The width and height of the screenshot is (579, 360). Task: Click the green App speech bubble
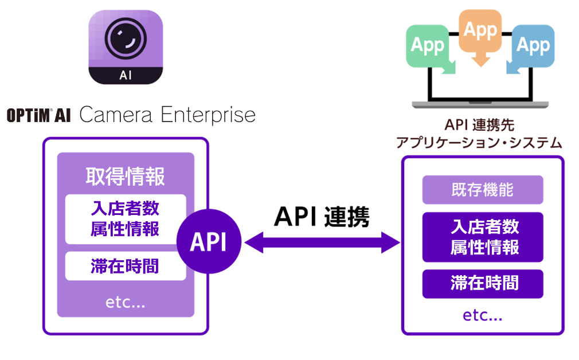coord(428,46)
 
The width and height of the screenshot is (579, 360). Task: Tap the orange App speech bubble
coord(480,31)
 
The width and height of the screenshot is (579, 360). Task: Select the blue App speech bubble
coord(532,46)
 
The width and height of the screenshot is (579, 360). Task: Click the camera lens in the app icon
coord(126,39)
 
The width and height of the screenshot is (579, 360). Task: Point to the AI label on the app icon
coord(126,75)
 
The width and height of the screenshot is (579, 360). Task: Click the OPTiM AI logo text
coord(38,116)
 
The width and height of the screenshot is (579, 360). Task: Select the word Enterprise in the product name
coord(208,115)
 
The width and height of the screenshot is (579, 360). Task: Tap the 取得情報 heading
coord(126,177)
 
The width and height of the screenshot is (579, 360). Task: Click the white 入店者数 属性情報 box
coord(126,219)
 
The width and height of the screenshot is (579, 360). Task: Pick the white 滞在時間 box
coord(126,266)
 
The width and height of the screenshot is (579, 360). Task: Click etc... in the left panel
coord(126,303)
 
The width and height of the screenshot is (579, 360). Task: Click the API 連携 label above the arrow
coord(322,217)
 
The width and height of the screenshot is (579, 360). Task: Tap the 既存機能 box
coord(482,190)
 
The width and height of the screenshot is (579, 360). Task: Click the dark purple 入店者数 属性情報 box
coord(482,237)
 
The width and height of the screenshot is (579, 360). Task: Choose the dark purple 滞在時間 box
coord(482,283)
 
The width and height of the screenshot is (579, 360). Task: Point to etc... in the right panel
coord(482,315)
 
